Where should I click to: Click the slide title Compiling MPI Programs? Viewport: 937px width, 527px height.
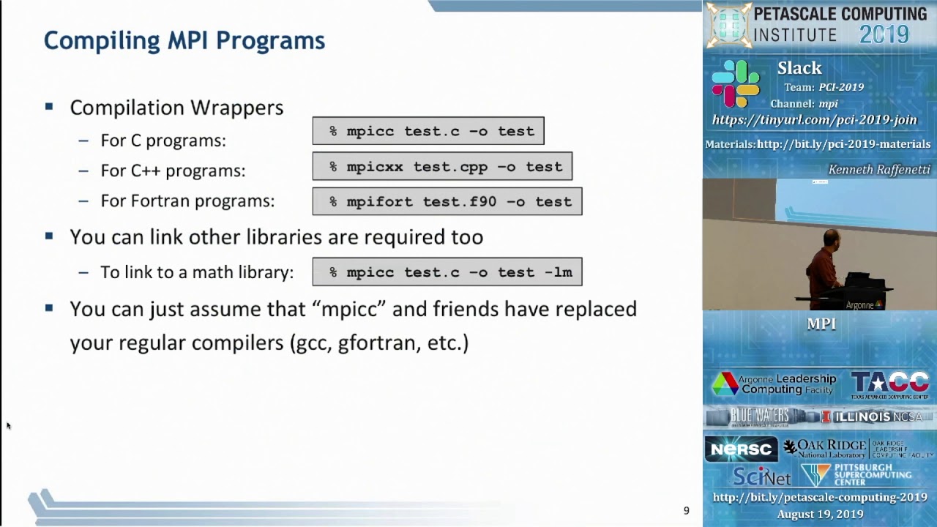click(184, 40)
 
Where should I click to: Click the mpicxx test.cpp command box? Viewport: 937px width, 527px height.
click(442, 167)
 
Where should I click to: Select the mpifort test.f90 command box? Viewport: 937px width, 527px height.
click(447, 202)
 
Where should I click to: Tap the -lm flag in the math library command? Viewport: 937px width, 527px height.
click(559, 272)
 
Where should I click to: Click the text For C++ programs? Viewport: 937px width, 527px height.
click(173, 171)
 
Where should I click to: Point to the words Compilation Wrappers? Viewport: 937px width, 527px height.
click(176, 108)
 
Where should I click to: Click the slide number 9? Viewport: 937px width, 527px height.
click(686, 511)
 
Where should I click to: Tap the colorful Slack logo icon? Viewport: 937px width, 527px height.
click(735, 84)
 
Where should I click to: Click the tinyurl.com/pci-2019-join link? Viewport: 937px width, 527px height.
click(814, 120)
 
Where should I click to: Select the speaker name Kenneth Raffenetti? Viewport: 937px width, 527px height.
click(878, 170)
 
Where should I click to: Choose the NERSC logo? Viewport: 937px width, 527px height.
click(740, 449)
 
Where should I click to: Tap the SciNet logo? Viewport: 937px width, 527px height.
click(761, 476)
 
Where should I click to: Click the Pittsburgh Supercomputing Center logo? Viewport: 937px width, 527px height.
click(856, 475)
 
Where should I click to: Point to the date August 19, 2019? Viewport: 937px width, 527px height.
click(820, 515)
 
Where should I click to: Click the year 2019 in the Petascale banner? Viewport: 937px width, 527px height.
click(884, 34)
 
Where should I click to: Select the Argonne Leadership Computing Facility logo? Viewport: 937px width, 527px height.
click(774, 384)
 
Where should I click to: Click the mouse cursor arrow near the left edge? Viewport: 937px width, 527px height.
click(8, 425)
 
